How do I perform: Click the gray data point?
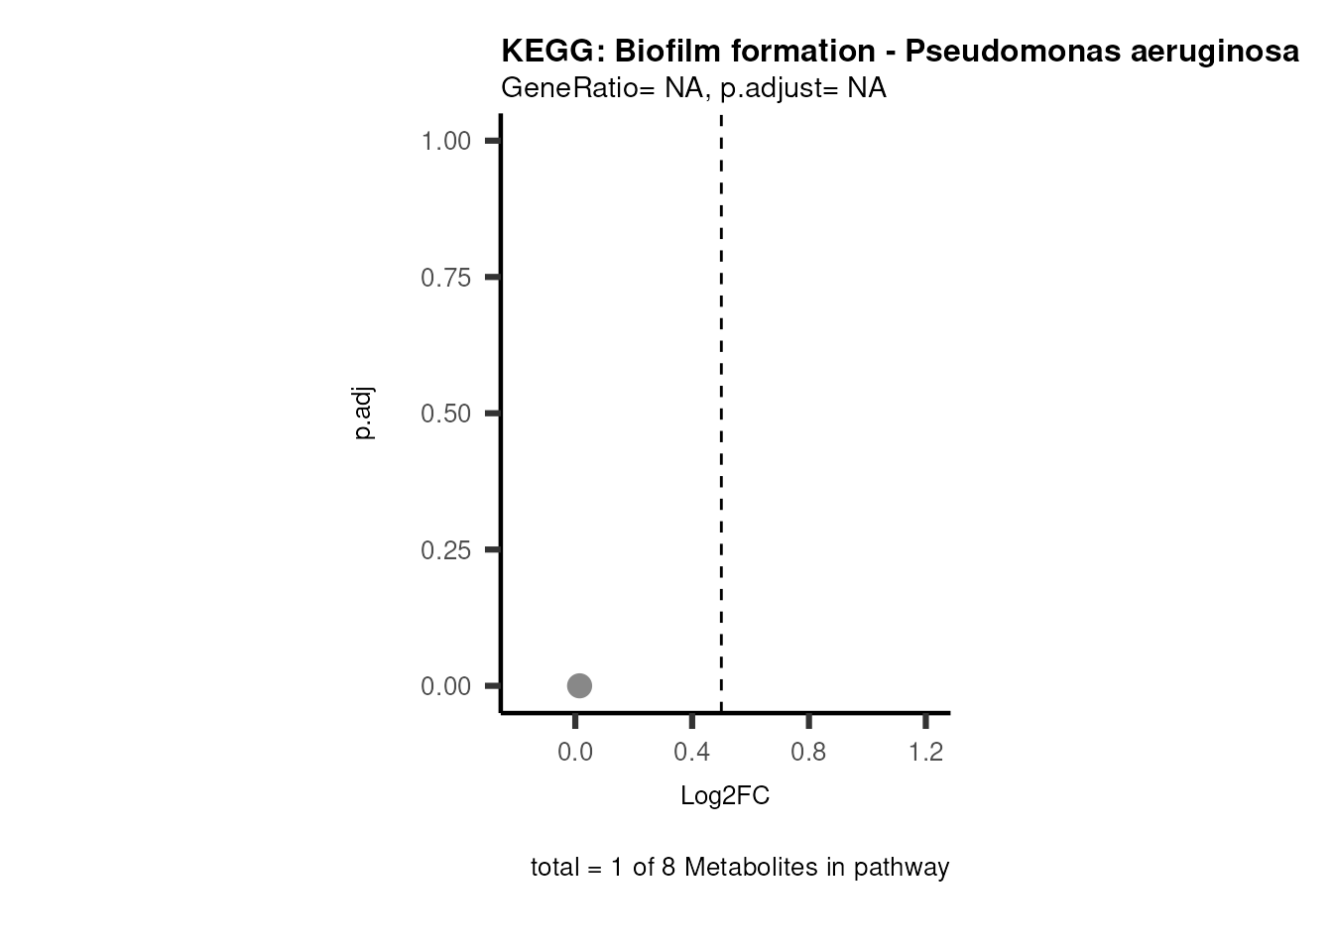tap(579, 685)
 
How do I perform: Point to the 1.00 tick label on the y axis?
tap(445, 141)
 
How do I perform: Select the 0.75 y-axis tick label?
tap(445, 278)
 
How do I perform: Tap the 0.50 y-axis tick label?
tap(445, 414)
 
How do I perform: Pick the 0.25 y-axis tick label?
tap(445, 550)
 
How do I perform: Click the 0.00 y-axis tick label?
tap(445, 686)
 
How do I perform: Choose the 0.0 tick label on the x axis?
tap(575, 753)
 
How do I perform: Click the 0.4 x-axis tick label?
tap(692, 753)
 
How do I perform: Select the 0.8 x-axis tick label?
tap(809, 753)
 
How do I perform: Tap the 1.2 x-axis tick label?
tap(926, 753)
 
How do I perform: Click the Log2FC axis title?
tap(725, 796)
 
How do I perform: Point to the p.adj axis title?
tap(364, 414)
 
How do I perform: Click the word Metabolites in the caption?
tap(749, 868)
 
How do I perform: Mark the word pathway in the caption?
tap(902, 869)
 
